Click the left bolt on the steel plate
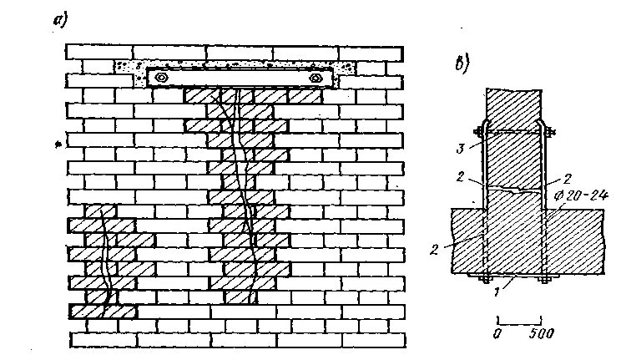pos(161,78)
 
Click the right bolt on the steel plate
pos(316,78)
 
